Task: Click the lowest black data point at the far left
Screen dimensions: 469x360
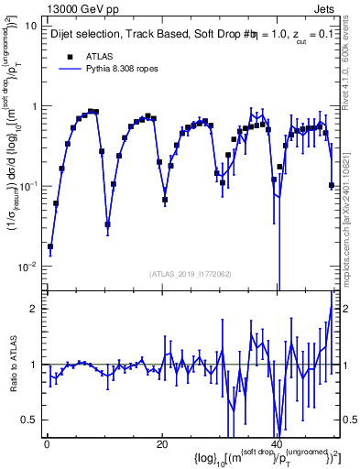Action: tap(50, 246)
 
